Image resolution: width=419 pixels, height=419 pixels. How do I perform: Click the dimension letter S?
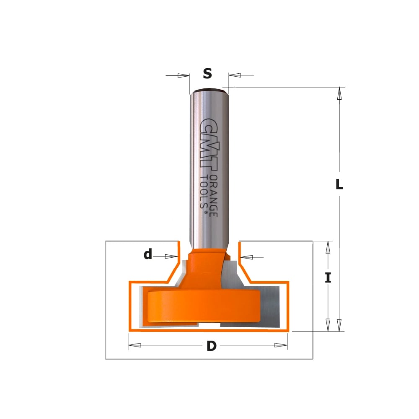pos(207,73)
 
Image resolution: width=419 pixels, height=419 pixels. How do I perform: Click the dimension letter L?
pos(339,184)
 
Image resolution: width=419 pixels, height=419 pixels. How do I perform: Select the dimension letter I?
pos(328,278)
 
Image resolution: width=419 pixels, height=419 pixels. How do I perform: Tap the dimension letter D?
pos(211,346)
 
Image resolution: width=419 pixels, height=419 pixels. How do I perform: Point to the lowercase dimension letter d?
pos(148,254)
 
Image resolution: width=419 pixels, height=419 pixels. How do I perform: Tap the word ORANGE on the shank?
pos(214,196)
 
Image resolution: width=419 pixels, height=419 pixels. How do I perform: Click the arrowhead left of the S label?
pos(184,75)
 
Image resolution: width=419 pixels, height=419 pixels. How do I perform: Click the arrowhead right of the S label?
pos(235,75)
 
